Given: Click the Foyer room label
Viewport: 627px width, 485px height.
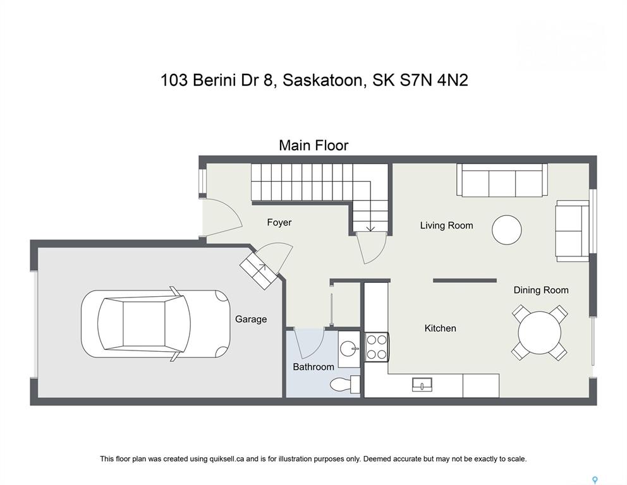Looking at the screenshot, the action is click(279, 222).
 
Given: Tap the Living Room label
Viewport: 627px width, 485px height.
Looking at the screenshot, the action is click(446, 225).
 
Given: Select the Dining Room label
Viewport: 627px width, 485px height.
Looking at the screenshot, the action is click(540, 290).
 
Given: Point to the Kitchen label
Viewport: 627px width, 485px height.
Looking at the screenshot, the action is click(440, 328).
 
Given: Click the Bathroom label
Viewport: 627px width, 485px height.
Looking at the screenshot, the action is click(313, 367).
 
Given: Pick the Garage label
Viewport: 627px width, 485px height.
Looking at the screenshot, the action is click(251, 319).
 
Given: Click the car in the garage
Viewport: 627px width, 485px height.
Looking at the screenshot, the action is click(155, 323).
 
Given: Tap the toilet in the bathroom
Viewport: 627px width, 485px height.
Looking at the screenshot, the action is click(345, 385).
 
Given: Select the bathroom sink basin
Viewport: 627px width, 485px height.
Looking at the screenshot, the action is click(349, 349).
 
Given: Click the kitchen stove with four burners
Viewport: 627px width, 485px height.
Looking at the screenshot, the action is click(377, 347).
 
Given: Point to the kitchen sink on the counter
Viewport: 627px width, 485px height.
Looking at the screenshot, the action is click(422, 384).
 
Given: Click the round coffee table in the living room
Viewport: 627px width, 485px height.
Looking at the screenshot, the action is click(507, 230).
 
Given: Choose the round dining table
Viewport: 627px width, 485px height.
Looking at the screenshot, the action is click(539, 333).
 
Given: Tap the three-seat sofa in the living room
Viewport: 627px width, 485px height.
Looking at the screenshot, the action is click(502, 180).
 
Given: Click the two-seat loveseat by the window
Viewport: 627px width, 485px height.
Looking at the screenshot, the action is click(572, 231).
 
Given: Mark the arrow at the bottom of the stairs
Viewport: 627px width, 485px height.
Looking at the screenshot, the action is click(370, 227).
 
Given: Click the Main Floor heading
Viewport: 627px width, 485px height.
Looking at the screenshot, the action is click(313, 145).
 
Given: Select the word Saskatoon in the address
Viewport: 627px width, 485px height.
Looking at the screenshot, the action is click(323, 81).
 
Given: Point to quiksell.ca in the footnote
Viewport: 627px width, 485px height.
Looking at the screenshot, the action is click(227, 459).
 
